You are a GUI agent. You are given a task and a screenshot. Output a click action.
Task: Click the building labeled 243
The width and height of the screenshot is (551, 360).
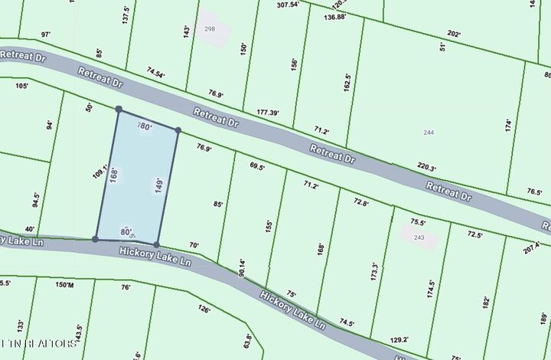(419, 237)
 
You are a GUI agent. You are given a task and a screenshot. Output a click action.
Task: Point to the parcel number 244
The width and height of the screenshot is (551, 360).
(429, 133)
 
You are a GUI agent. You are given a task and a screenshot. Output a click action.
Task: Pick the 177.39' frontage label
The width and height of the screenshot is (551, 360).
(273, 112)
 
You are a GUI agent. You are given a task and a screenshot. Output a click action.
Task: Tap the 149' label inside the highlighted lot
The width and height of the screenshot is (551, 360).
(159, 186)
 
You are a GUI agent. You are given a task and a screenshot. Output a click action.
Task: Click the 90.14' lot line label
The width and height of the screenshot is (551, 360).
(243, 267)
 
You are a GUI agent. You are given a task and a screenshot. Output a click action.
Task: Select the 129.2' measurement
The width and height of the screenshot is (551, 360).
(399, 339)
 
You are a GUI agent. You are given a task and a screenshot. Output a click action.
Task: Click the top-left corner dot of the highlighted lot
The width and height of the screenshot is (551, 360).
(119, 110)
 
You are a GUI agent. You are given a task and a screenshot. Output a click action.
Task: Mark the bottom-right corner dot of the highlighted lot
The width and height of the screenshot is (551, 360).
(157, 244)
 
